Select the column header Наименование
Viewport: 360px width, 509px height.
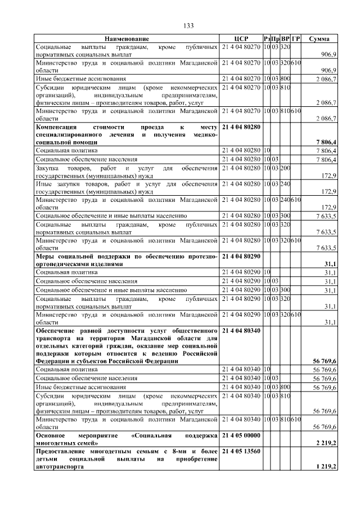click(x=127, y=38)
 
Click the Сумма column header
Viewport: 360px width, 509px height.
click(x=319, y=38)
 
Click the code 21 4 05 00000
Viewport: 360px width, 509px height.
click(x=242, y=436)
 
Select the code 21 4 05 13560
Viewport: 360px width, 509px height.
click(x=242, y=452)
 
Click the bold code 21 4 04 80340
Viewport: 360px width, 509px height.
click(x=242, y=331)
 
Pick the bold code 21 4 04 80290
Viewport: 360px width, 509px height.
click(x=242, y=256)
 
